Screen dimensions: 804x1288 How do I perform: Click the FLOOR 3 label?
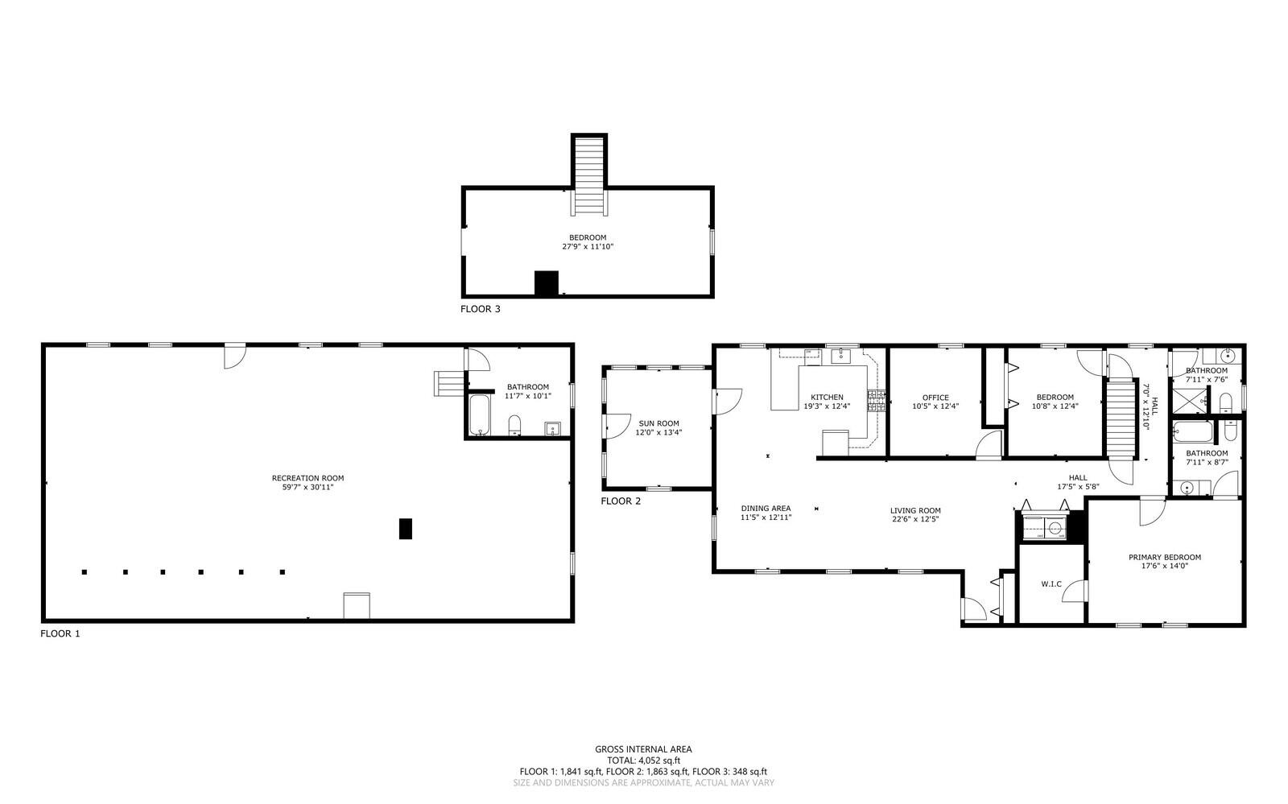[480, 308]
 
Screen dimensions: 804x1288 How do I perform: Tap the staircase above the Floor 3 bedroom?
[589, 175]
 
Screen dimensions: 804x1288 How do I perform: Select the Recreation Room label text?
[308, 478]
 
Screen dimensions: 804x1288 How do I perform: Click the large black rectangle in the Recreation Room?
[406, 529]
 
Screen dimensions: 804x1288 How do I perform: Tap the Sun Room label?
[658, 423]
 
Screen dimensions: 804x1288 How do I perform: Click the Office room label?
[935, 398]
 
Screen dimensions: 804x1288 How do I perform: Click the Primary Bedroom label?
[1164, 557]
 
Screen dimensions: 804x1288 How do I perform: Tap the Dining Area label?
[766, 508]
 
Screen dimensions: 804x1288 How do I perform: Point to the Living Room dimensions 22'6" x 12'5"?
[915, 519]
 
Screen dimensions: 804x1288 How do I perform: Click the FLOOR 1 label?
[60, 633]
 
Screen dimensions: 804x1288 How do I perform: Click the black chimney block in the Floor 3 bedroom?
[547, 283]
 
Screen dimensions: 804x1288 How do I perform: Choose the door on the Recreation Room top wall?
[234, 356]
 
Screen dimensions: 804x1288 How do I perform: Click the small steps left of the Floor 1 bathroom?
[448, 383]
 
